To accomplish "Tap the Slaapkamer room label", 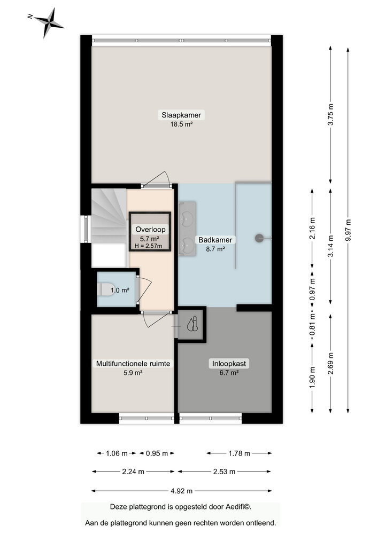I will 177,115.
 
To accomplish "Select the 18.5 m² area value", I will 177,124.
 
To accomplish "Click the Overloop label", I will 150,230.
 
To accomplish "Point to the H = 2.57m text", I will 150,246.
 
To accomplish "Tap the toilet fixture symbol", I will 105,289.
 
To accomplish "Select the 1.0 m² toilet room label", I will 120,291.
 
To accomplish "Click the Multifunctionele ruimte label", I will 133,364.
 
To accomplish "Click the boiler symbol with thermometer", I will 192,324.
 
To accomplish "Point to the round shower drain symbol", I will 259,238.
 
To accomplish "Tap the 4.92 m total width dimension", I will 182,491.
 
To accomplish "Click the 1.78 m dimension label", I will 239,454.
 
